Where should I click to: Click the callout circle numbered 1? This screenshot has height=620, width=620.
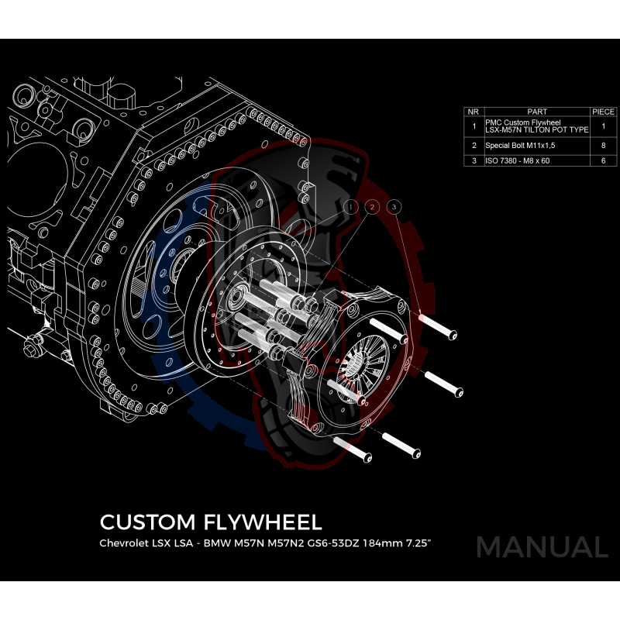(352, 207)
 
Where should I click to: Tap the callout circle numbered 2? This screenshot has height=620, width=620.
(373, 207)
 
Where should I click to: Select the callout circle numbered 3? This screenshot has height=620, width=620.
(394, 207)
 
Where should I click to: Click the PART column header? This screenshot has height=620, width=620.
(536, 112)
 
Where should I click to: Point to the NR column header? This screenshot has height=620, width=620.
(474, 112)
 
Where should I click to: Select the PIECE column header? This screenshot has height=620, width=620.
(603, 112)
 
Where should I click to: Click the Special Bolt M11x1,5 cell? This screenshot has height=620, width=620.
(515, 145)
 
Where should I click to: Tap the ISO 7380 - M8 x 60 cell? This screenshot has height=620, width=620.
(518, 161)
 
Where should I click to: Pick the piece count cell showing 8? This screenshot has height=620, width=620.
(603, 145)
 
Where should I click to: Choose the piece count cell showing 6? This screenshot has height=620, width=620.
(603, 161)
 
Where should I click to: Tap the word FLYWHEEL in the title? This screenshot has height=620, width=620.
(264, 520)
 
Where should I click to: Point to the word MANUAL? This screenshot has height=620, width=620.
(542, 546)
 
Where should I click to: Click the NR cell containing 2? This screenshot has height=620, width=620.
(474, 145)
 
